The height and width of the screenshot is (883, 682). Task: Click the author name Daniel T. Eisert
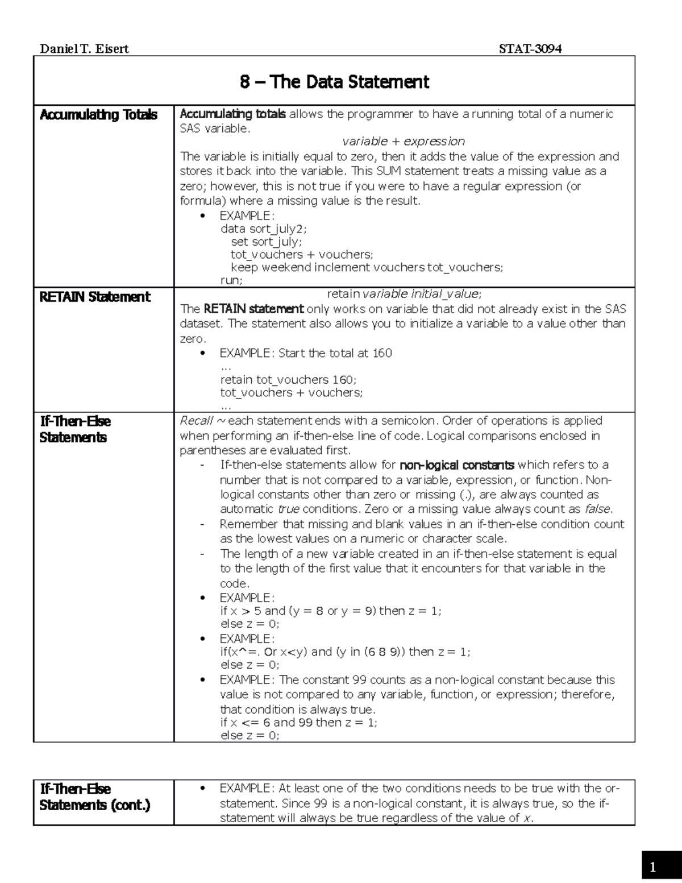[84, 49]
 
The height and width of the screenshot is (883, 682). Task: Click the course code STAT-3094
[530, 49]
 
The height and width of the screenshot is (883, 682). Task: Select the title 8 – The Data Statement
[334, 82]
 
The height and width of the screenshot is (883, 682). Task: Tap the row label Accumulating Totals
[98, 115]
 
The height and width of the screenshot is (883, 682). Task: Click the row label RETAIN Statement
[95, 297]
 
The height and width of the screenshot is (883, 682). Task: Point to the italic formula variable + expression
[404, 141]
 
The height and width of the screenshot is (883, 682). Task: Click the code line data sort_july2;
[263, 229]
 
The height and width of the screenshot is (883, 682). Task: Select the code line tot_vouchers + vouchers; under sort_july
[302, 254]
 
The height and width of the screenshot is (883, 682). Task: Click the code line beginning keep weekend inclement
[367, 267]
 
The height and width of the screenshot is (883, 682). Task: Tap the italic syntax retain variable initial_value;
[404, 294]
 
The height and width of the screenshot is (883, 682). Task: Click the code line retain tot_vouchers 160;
[288, 379]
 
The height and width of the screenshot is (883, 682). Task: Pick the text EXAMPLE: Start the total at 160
[306, 353]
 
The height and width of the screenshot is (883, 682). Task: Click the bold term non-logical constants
[457, 465]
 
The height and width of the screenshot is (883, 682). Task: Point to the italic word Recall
[196, 421]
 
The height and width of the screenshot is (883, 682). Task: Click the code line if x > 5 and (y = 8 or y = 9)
[330, 611]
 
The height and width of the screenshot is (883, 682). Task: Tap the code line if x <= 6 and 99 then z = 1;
[298, 722]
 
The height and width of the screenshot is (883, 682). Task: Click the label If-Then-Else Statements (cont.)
[95, 797]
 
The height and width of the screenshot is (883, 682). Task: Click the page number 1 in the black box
[653, 867]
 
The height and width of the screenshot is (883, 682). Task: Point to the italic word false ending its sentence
[598, 509]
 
